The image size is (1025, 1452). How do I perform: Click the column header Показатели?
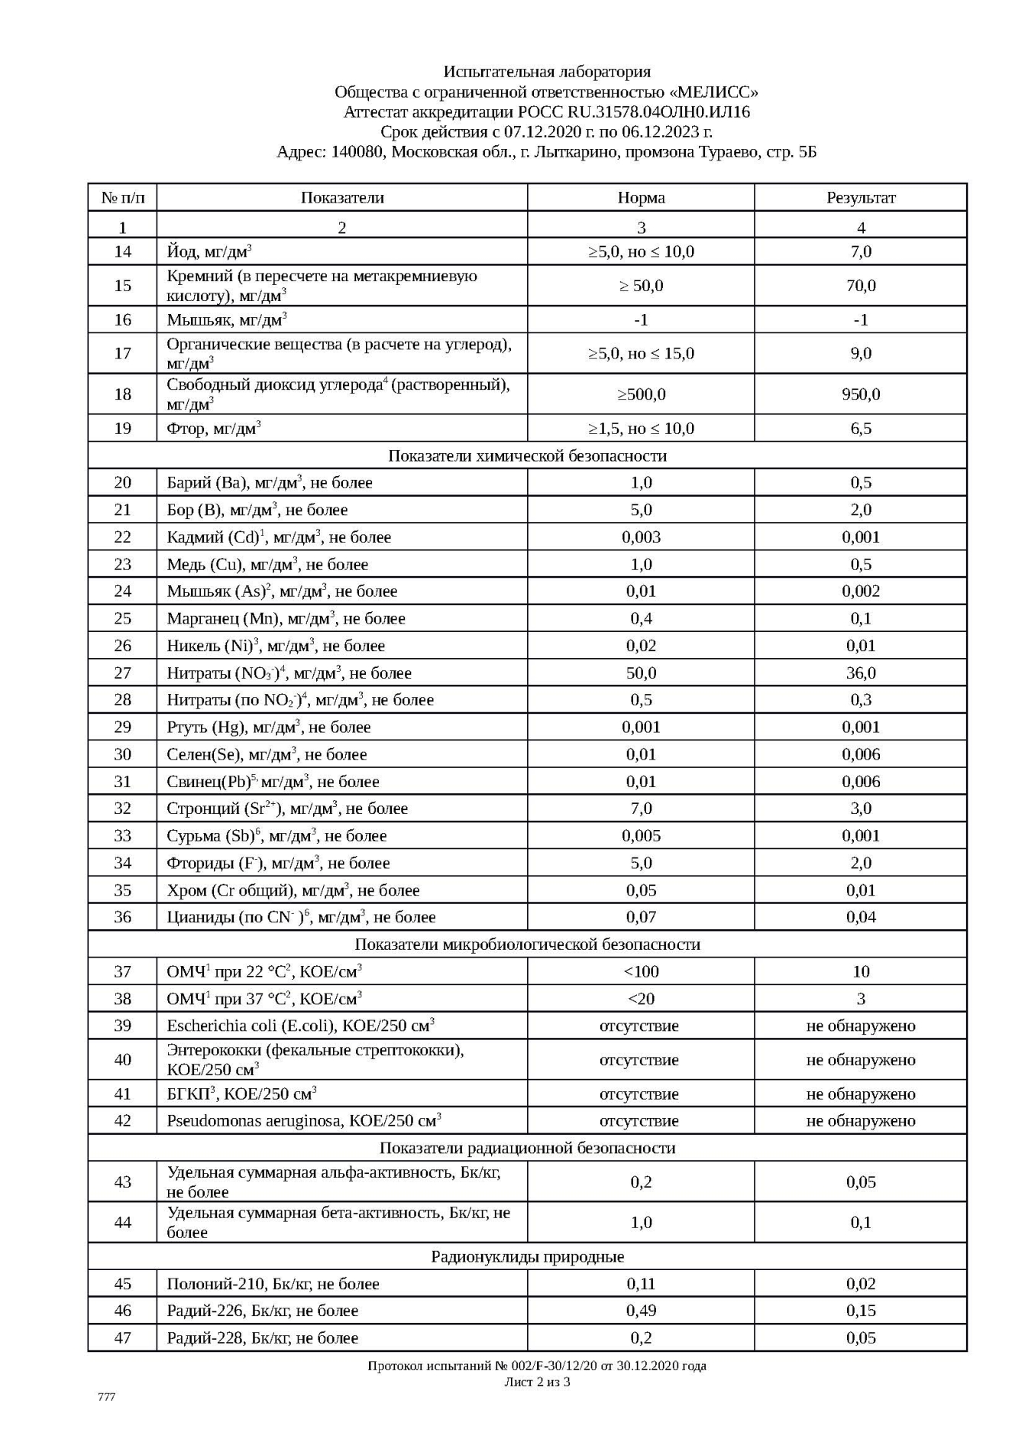pyautogui.click(x=341, y=198)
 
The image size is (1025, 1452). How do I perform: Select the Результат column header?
pyautogui.click(x=861, y=198)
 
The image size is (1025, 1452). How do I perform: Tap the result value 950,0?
pyautogui.click(x=861, y=394)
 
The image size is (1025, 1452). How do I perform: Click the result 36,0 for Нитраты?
pyautogui.click(x=861, y=673)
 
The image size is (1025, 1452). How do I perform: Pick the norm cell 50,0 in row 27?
pyautogui.click(x=641, y=673)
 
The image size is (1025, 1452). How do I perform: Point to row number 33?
pyautogui.click(x=122, y=836)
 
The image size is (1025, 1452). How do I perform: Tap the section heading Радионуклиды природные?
pyautogui.click(x=527, y=1256)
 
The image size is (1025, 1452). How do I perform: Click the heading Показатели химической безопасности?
pyautogui.click(x=527, y=456)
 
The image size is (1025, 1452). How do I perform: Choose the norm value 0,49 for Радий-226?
pyautogui.click(x=641, y=1311)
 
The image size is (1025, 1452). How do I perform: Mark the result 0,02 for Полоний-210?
pyautogui.click(x=861, y=1284)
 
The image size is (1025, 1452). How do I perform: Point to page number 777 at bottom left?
pyautogui.click(x=107, y=1397)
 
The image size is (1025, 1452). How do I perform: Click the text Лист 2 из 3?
pyautogui.click(x=537, y=1382)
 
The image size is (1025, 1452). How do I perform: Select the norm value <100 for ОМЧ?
pyautogui.click(x=641, y=972)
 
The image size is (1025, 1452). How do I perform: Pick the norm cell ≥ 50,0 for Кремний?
pyautogui.click(x=641, y=286)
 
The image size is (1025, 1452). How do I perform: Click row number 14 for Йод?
pyautogui.click(x=122, y=252)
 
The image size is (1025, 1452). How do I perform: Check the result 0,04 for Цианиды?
pyautogui.click(x=861, y=917)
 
